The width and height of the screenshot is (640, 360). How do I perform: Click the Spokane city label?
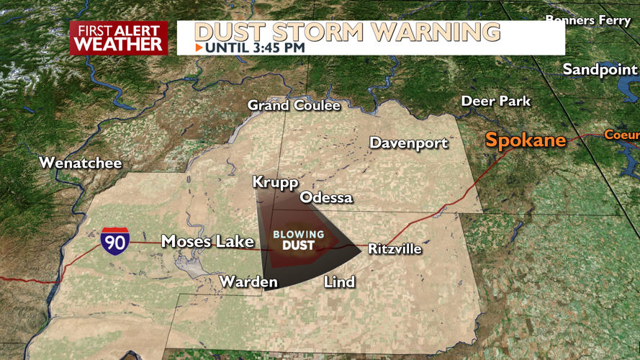coord(525,140)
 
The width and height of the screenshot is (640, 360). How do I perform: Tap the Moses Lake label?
coord(207,241)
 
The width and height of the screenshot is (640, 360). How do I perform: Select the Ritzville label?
coord(395,249)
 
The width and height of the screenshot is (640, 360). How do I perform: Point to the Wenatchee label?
coord(81,163)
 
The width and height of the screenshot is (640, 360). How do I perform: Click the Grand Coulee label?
coord(294,105)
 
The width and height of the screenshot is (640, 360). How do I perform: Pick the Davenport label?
coord(408,143)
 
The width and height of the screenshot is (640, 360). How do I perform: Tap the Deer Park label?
coord(495,101)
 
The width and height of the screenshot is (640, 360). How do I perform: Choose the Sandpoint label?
coord(600,69)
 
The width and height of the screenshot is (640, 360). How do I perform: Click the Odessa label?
coord(326,197)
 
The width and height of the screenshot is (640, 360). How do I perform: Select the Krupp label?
coord(275,182)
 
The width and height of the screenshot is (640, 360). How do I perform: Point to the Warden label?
coord(248,281)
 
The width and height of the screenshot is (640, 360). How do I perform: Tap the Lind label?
coord(339,281)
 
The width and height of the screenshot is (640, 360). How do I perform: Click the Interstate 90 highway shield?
coord(114,240)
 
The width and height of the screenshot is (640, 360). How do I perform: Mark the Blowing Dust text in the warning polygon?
coord(298,240)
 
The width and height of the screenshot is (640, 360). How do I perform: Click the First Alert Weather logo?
coord(119,38)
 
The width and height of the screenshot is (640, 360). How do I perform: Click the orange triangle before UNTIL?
coord(199,48)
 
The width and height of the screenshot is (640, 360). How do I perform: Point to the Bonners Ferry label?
coord(588,20)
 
